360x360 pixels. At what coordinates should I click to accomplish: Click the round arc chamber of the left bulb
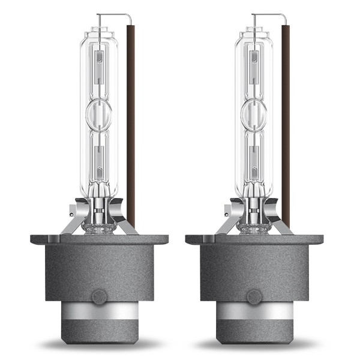[x=99, y=113]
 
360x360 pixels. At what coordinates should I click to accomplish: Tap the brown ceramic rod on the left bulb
[x=131, y=120]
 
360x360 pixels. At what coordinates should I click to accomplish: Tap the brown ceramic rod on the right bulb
[x=286, y=120]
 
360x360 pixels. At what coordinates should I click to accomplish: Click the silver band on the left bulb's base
[x=100, y=311]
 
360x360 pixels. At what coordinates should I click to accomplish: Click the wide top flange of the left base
[x=99, y=239]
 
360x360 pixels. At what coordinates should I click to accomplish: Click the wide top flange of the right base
[x=254, y=239]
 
